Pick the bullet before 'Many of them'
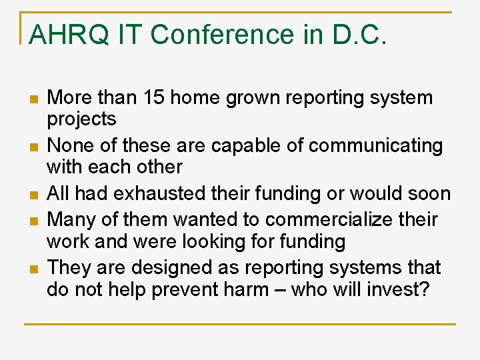pos(32,219)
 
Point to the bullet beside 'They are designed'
pos(32,268)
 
